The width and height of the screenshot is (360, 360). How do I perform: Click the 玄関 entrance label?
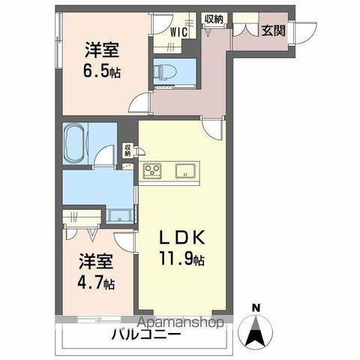click(x=273, y=31)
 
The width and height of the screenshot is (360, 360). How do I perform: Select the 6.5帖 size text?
click(x=103, y=72)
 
